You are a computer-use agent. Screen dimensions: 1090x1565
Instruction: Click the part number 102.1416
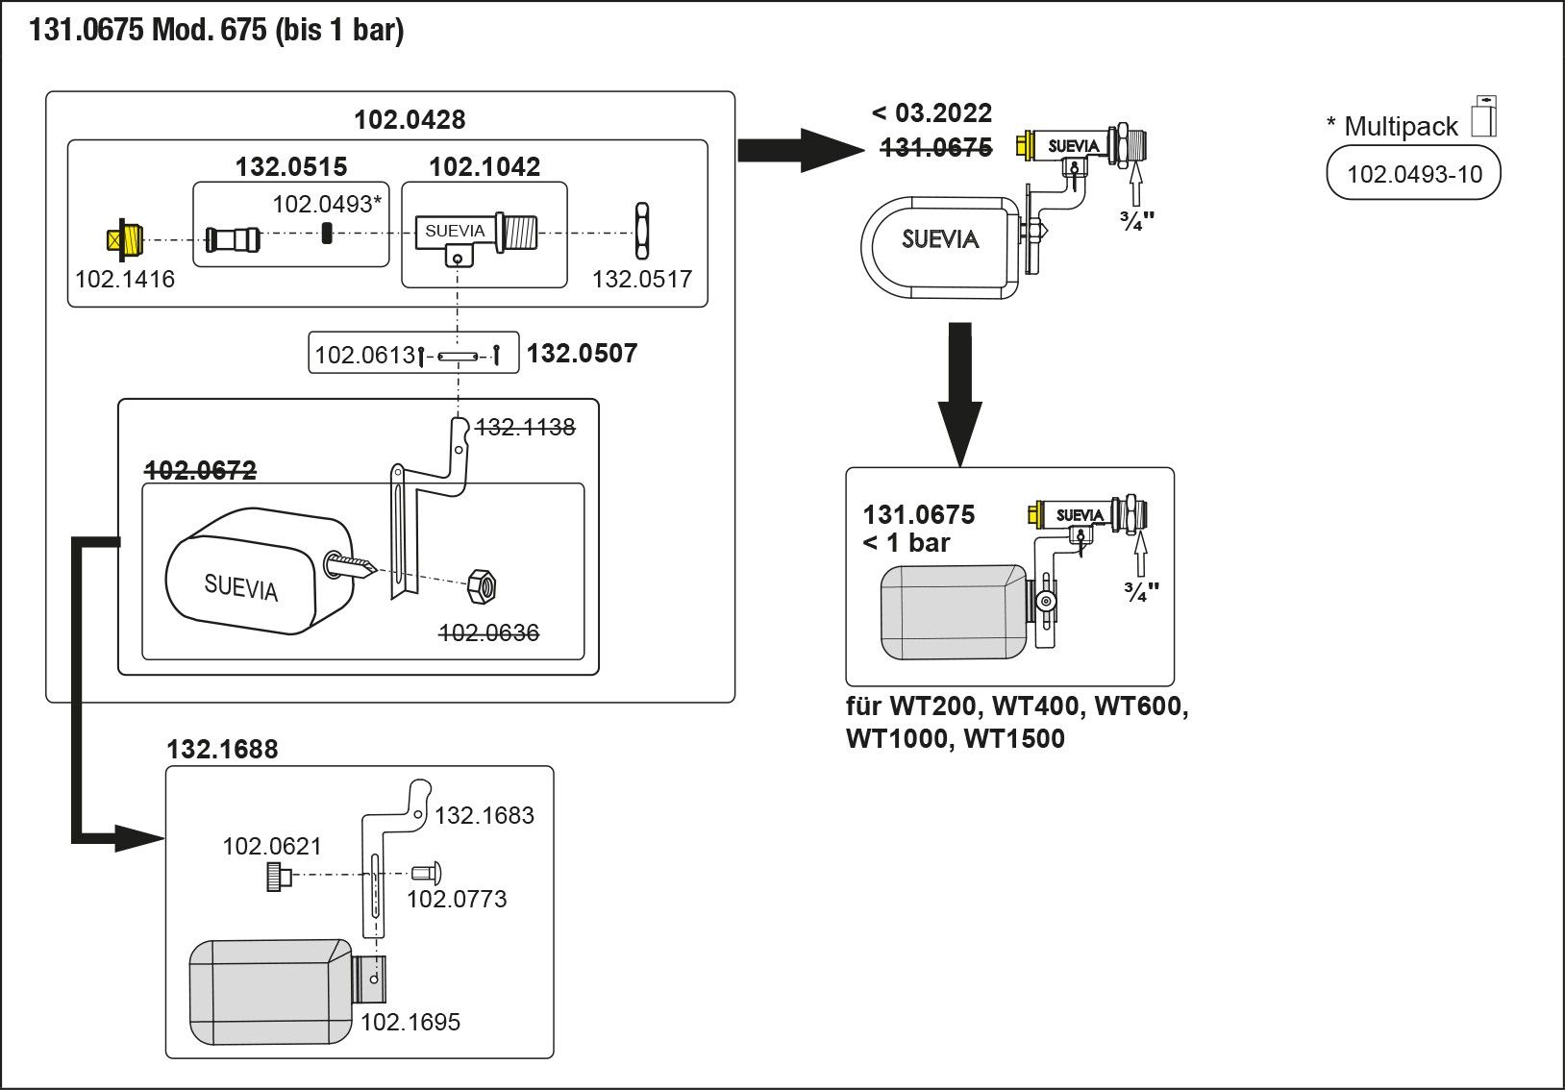click(x=125, y=280)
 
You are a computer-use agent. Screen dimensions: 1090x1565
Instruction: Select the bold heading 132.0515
click(x=290, y=167)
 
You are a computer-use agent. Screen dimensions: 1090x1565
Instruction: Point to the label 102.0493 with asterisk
click(x=328, y=204)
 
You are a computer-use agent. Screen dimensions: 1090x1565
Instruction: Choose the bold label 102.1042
click(x=484, y=167)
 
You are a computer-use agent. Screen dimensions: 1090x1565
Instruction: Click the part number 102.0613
click(x=364, y=356)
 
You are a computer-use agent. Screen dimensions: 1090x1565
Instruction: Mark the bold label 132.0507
click(x=582, y=354)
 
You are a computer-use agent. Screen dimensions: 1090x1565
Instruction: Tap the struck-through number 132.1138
click(x=525, y=427)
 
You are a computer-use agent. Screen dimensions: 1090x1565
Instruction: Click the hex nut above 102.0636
click(x=481, y=585)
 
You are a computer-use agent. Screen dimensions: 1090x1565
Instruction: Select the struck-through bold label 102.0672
click(x=201, y=470)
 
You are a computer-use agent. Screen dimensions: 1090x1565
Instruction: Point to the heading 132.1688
click(x=222, y=750)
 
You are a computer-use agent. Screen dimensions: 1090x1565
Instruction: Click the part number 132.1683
click(x=484, y=816)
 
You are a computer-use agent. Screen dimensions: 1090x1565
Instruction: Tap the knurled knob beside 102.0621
click(x=279, y=876)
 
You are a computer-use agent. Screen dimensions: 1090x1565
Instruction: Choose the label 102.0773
click(x=457, y=900)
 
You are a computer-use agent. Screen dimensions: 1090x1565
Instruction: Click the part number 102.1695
click(x=410, y=1022)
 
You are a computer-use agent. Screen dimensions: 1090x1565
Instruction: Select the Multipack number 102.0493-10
click(x=1414, y=174)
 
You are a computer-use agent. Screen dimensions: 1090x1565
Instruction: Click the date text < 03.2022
click(x=932, y=113)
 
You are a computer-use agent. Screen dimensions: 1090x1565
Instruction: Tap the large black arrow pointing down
click(x=959, y=394)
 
